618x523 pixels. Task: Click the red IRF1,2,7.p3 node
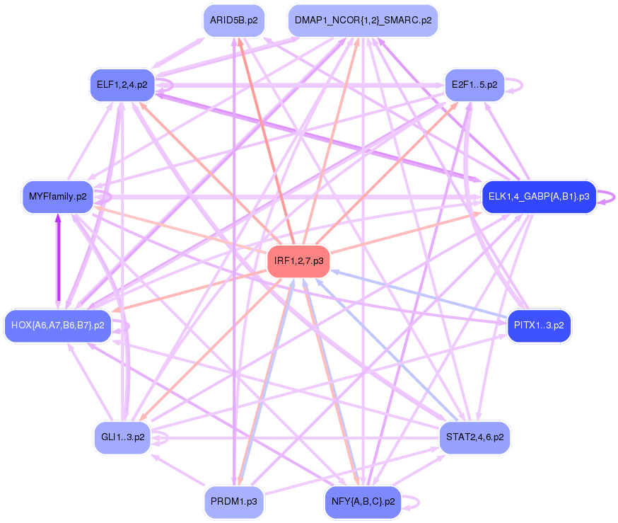click(298, 261)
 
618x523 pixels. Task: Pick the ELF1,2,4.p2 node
click(122, 85)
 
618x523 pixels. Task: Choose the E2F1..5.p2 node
click(474, 85)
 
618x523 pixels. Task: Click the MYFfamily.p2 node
click(57, 196)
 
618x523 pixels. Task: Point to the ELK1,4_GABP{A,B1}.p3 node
click(539, 196)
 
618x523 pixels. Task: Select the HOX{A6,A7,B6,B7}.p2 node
click(58, 326)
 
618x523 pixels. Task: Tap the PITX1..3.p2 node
click(539, 326)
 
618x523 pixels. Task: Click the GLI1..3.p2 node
click(122, 437)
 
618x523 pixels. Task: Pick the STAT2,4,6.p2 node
click(474, 437)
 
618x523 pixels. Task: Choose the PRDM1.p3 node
click(233, 502)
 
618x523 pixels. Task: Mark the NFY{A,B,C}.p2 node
click(362, 502)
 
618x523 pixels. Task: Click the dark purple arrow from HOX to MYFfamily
click(58, 262)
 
